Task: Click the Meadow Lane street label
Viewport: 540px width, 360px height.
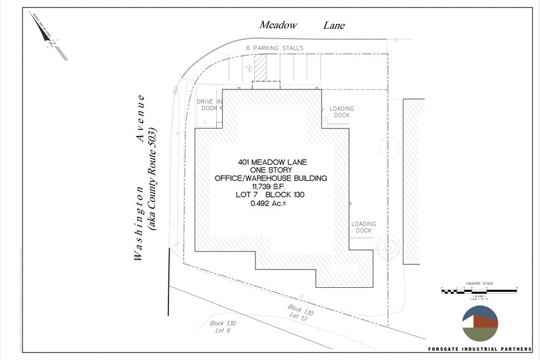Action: (302, 25)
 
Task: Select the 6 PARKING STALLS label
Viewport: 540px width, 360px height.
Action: (275, 48)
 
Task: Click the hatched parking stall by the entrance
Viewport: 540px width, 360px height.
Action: (261, 68)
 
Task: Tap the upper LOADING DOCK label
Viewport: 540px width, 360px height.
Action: (342, 112)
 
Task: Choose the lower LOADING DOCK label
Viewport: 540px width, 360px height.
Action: (364, 228)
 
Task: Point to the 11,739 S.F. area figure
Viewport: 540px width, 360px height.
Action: (270, 186)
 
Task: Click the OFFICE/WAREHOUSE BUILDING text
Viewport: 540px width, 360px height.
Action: (271, 178)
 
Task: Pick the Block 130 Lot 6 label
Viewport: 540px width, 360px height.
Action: (223, 326)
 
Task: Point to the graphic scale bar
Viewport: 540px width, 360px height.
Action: (479, 288)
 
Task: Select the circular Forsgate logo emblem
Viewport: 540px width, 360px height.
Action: (481, 323)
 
